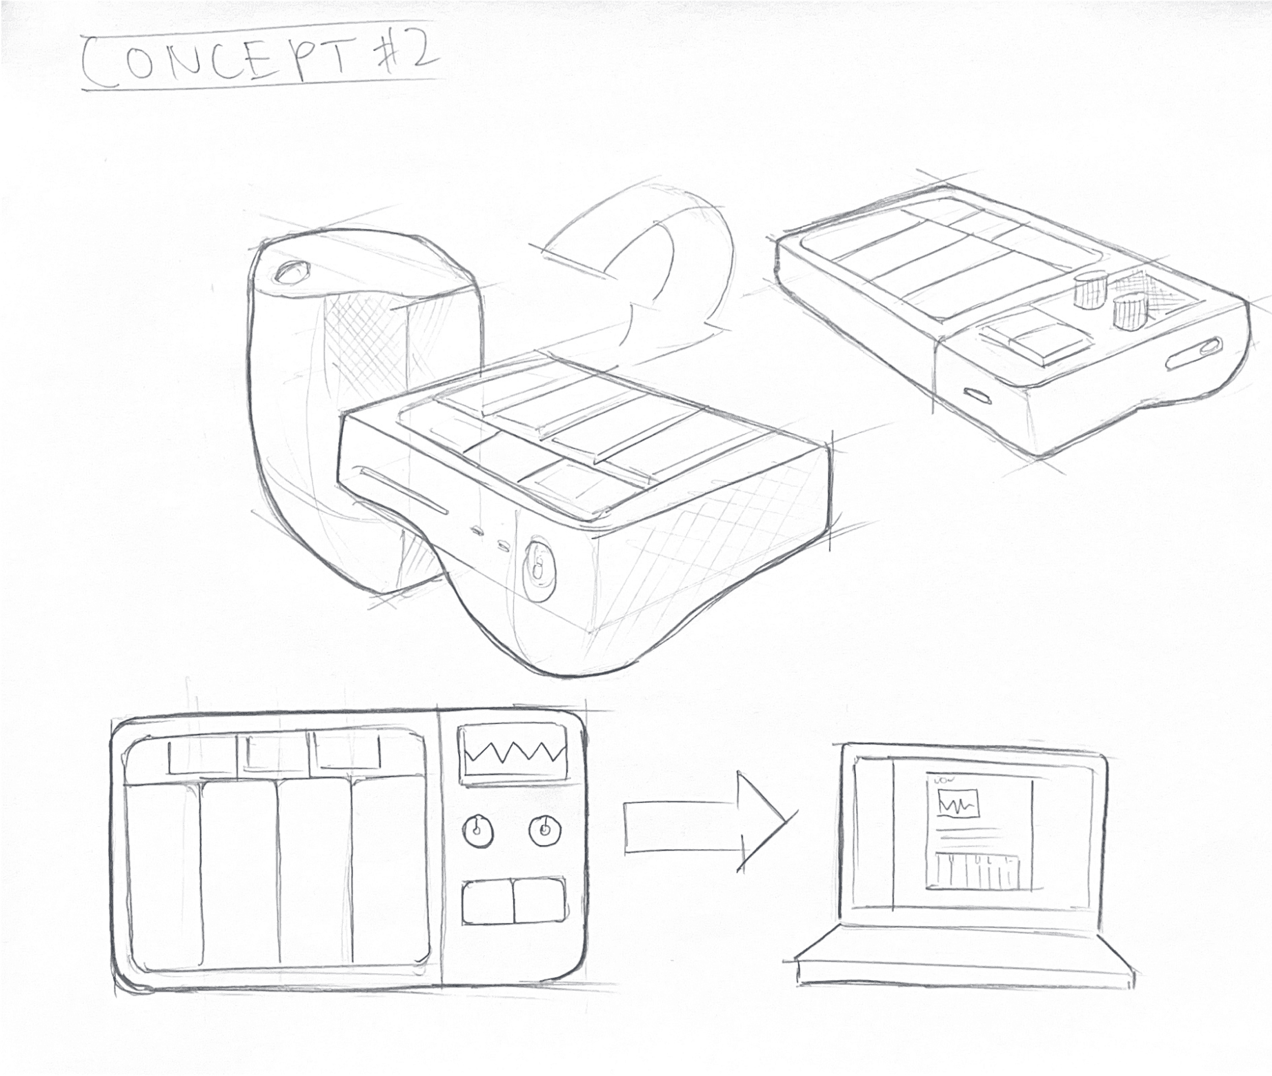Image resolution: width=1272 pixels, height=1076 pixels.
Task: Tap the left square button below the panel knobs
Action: [x=487, y=900]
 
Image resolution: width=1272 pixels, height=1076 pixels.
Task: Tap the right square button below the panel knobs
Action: [x=539, y=900]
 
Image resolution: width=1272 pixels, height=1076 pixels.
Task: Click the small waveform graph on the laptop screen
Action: [x=958, y=804]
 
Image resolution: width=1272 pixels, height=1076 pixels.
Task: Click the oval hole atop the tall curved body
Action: [x=292, y=272]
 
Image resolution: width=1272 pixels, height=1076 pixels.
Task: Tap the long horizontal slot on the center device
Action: [x=404, y=492]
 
